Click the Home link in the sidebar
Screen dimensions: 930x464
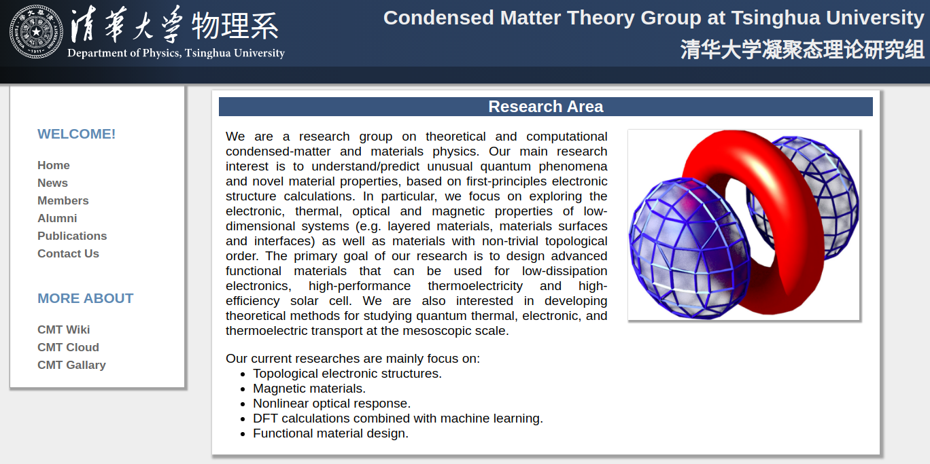pos(54,165)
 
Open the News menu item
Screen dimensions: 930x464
pos(52,183)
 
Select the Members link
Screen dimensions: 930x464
pos(63,200)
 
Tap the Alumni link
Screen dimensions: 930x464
pos(57,218)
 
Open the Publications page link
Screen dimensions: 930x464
pos(72,236)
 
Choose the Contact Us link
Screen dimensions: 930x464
pos(68,253)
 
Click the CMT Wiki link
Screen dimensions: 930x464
pos(63,329)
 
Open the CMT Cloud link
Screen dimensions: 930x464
pos(68,347)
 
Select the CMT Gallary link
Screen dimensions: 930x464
pos(71,365)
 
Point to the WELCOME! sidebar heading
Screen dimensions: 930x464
pos(76,134)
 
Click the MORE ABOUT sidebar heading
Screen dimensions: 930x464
pos(86,298)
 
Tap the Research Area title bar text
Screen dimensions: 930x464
pos(545,107)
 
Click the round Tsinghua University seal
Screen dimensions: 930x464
pos(36,31)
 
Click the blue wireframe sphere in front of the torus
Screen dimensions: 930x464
pos(689,248)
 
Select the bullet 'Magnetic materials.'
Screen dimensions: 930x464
pos(309,389)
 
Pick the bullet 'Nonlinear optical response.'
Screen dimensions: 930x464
pos(332,404)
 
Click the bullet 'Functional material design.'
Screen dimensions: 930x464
pos(330,433)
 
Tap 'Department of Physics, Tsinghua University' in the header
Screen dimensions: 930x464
pos(176,53)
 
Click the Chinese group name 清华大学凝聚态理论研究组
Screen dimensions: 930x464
pos(802,50)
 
